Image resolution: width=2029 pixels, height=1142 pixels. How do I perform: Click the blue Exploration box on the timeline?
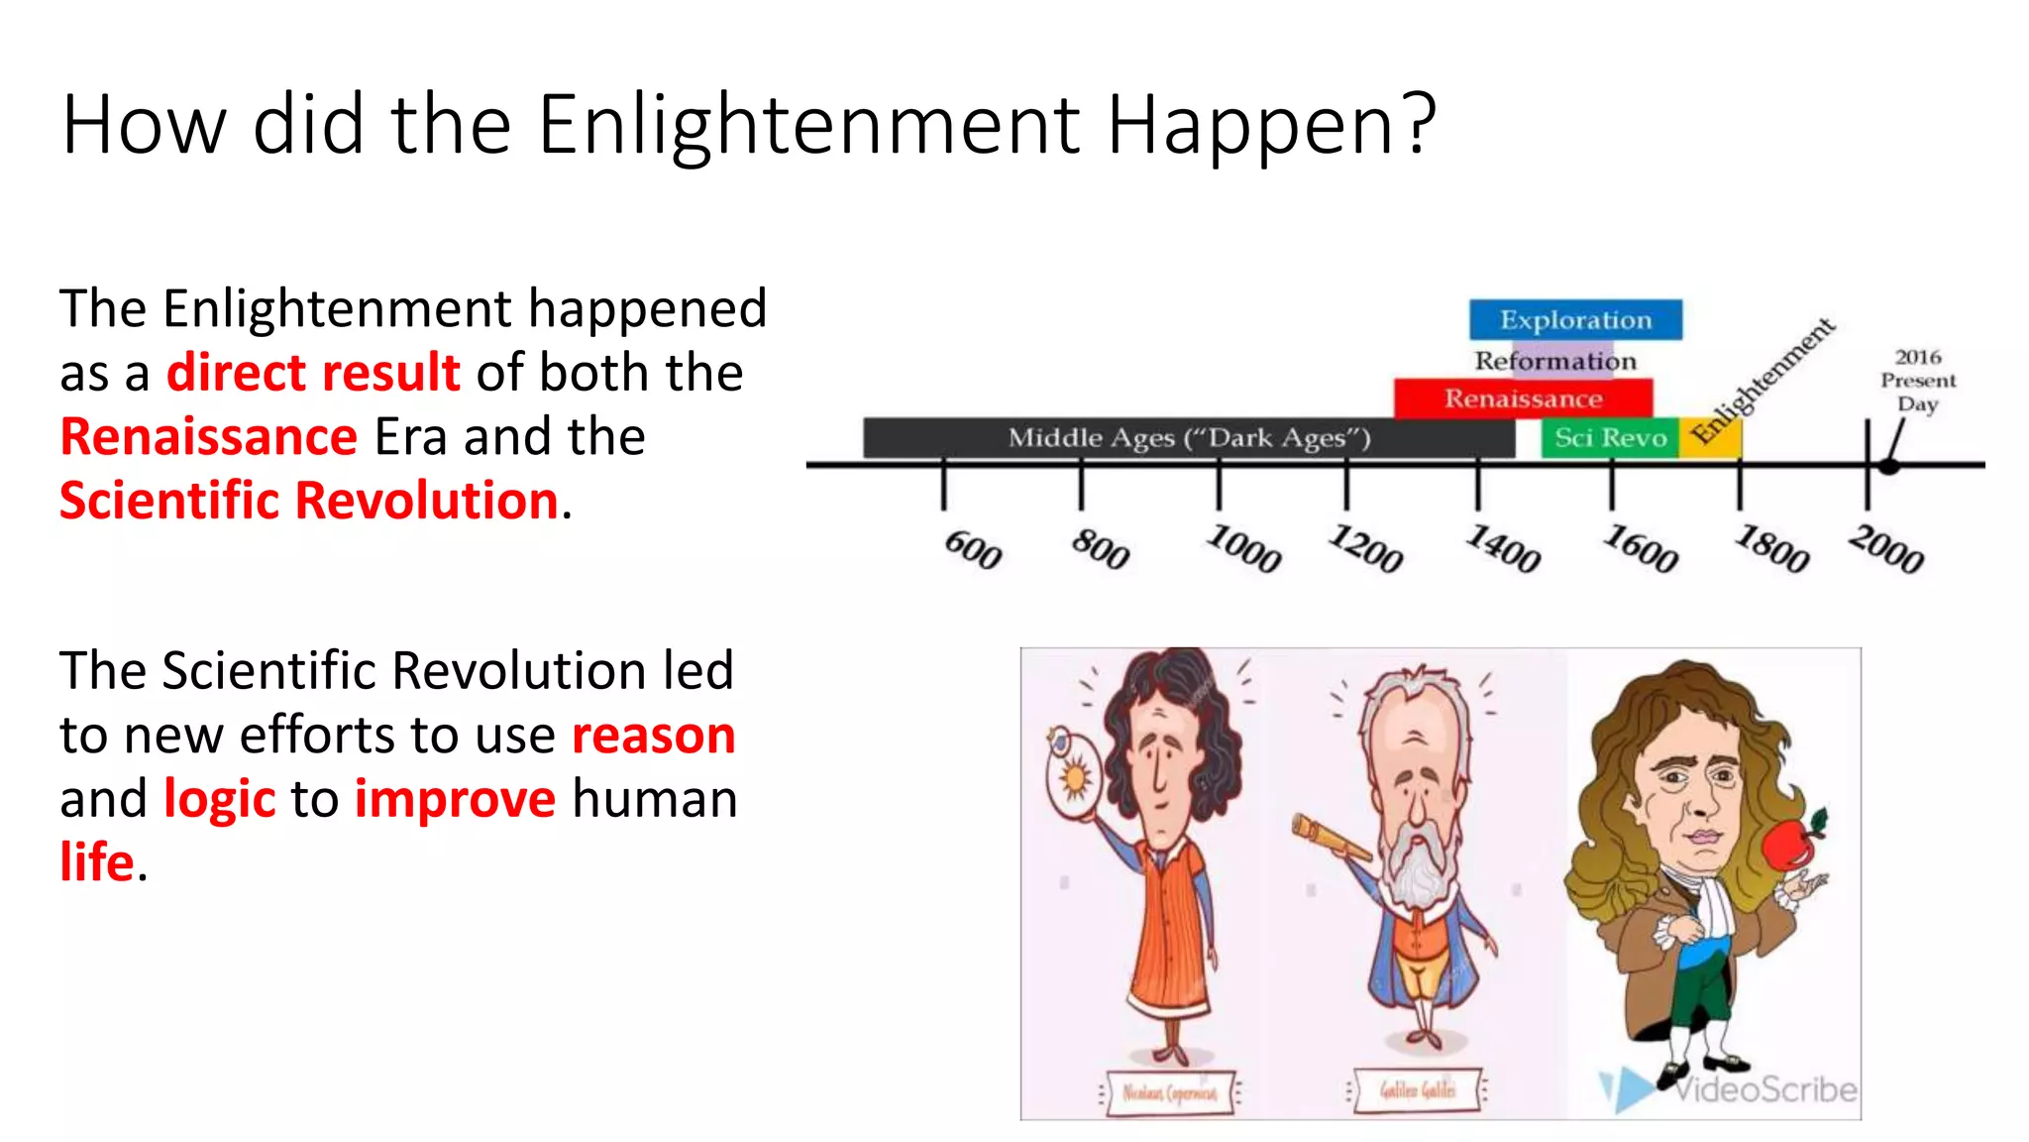click(1575, 319)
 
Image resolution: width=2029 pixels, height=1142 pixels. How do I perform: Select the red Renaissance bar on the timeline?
click(1523, 399)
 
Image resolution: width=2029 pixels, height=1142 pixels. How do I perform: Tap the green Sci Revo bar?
click(1610, 437)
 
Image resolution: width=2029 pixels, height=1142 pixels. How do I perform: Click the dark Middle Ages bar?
click(1189, 437)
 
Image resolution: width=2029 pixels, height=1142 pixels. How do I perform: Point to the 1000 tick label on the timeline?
click(1244, 548)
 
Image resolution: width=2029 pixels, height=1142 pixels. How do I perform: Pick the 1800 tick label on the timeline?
click(1772, 548)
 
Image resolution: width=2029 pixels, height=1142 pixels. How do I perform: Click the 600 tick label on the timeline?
click(973, 549)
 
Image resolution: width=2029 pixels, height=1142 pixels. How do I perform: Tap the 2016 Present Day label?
click(1918, 380)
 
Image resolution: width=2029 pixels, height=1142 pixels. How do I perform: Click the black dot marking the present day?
click(1889, 465)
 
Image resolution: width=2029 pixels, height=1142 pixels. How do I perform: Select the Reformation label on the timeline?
click(1555, 361)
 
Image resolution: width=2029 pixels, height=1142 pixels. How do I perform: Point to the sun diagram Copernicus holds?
click(1074, 778)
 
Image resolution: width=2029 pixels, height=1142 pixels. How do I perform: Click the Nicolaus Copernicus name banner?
click(1169, 1092)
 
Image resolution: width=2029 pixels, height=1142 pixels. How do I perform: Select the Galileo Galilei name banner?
click(1418, 1090)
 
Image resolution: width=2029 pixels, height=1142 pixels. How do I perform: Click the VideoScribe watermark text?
click(1765, 1089)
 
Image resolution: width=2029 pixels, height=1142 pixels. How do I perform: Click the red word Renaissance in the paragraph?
click(209, 437)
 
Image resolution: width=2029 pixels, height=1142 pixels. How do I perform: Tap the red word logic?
click(219, 799)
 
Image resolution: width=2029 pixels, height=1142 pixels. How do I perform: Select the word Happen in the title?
click(1270, 126)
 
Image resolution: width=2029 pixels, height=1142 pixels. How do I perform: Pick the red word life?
click(96, 862)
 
